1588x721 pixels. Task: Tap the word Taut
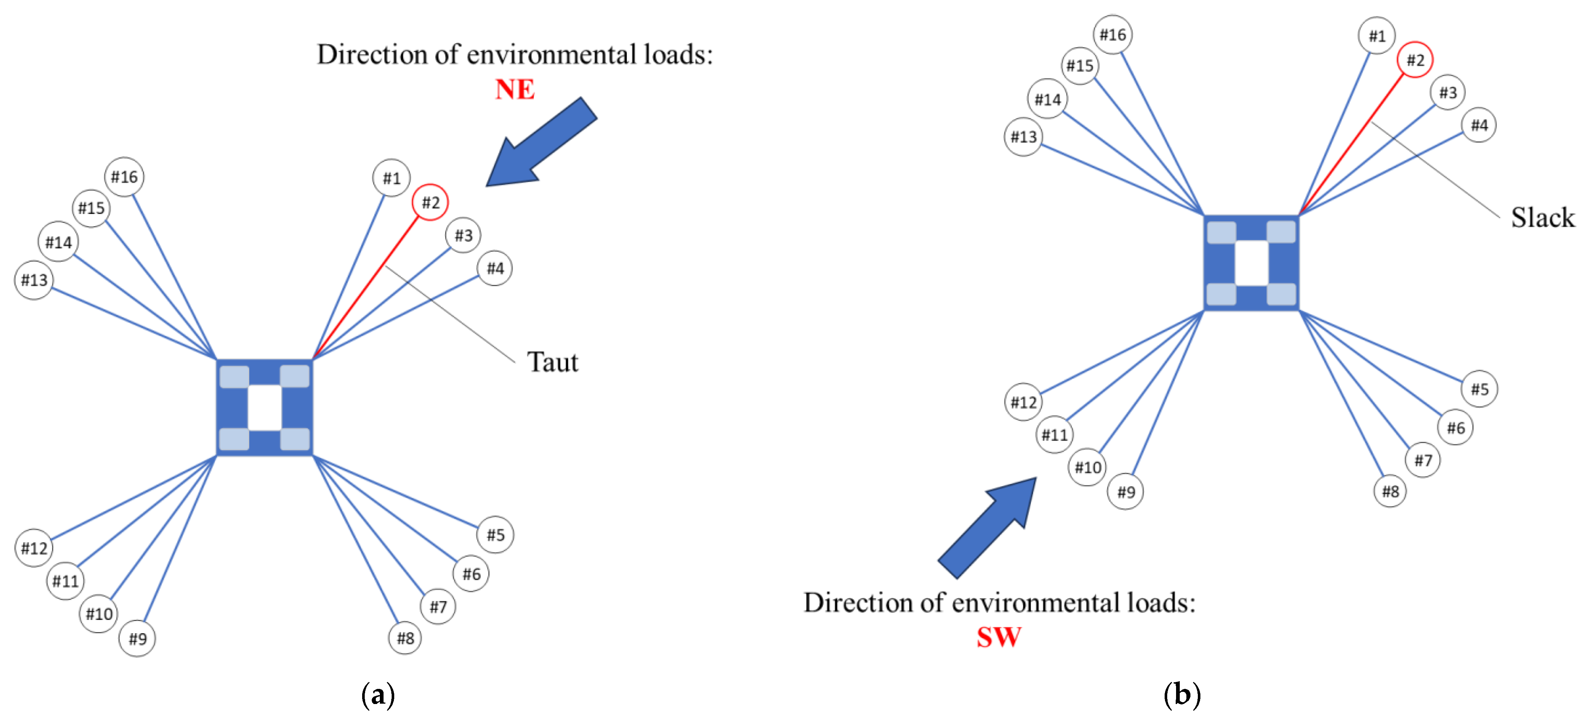[x=552, y=362]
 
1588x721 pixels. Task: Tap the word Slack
[x=1542, y=218]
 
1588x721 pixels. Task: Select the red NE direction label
[x=515, y=89]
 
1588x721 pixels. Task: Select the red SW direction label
[x=999, y=637]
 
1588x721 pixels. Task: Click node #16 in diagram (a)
[x=124, y=177]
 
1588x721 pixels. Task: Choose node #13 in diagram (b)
[x=1023, y=136]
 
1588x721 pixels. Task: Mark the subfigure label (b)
[x=1182, y=695]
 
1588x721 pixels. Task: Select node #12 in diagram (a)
[x=34, y=548]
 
